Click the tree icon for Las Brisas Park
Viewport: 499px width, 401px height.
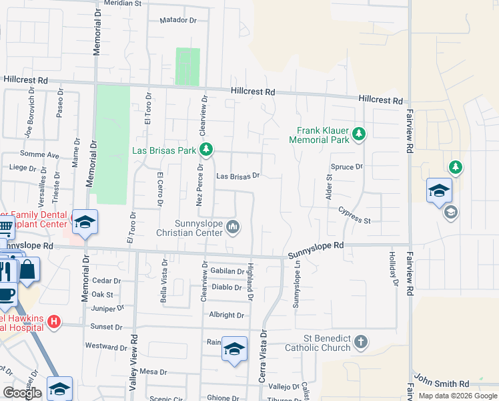coord(206,149)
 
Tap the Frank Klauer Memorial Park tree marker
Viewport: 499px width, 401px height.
coord(359,134)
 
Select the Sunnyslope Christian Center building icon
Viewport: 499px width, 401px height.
coord(233,227)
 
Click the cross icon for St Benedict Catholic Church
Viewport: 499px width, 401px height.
coord(360,342)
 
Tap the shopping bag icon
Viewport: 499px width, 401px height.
coord(28,270)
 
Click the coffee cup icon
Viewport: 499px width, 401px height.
coord(6,293)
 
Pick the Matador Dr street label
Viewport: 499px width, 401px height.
coord(178,21)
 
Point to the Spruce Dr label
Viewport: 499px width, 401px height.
coord(346,166)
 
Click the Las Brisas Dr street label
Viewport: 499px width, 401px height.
coord(237,176)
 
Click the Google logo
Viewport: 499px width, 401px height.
coord(23,393)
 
